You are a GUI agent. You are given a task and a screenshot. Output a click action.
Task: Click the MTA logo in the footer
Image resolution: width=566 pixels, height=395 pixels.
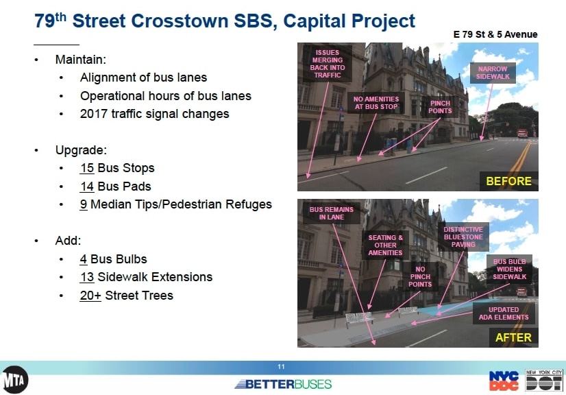[14, 379]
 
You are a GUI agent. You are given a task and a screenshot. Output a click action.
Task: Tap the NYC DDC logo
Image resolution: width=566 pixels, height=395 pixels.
[504, 381]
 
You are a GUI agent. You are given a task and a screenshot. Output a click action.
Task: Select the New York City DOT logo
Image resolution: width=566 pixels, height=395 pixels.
[543, 380]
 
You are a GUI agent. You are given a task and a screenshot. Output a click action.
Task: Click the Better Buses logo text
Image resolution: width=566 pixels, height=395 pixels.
[283, 384]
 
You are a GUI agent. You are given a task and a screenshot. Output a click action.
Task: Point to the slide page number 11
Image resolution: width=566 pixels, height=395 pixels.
[281, 367]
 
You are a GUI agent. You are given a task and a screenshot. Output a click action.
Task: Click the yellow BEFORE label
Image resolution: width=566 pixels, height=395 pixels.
[508, 181]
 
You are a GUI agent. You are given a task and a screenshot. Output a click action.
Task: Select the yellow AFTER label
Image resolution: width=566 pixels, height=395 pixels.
[513, 337]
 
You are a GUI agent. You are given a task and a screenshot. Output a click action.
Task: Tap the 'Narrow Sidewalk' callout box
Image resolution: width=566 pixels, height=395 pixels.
[493, 73]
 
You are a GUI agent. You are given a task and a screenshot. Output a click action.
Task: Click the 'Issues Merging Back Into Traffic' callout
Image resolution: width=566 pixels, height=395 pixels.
[328, 64]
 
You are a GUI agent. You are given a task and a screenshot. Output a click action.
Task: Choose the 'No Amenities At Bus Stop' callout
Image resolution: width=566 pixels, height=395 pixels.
[376, 103]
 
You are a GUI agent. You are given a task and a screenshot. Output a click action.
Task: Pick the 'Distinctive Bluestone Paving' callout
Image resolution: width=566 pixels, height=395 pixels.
[463, 237]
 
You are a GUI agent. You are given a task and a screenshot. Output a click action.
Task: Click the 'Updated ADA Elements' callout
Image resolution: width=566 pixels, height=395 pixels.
[504, 313]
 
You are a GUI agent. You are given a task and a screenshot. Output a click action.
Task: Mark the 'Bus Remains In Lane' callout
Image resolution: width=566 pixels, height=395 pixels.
[332, 213]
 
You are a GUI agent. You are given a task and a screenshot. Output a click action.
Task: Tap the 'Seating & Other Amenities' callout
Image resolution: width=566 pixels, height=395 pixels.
[385, 245]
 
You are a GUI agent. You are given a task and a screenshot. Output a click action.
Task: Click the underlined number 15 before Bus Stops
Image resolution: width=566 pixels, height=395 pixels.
[87, 168]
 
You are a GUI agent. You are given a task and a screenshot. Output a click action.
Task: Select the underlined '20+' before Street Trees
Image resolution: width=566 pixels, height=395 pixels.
[90, 296]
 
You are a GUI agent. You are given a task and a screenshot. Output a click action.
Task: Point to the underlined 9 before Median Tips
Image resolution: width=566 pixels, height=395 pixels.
[84, 204]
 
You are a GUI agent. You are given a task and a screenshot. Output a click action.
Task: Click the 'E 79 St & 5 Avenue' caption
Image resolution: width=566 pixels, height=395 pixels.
[495, 34]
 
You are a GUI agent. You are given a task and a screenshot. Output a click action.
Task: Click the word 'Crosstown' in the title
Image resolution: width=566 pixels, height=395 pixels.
[180, 21]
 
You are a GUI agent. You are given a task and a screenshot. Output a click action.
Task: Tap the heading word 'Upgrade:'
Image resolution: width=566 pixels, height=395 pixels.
[81, 150]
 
